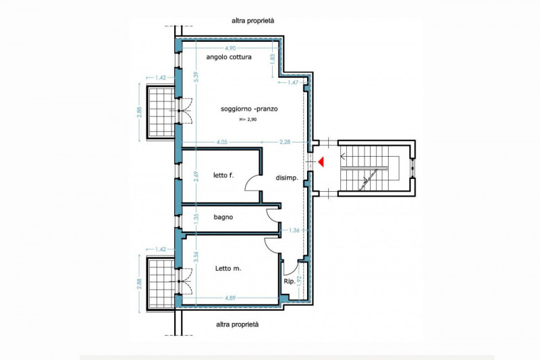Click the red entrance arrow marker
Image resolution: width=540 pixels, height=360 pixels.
(322, 161)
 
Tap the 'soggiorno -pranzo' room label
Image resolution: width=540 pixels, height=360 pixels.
(249, 109)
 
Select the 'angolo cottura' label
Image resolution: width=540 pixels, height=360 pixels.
(229, 57)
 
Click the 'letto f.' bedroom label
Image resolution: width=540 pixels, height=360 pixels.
(223, 176)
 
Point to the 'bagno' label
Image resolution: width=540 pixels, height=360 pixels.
(223, 217)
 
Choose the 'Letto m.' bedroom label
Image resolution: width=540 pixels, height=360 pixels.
(228, 268)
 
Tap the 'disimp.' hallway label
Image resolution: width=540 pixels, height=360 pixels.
(287, 178)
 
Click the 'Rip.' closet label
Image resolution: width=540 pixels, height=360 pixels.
(290, 282)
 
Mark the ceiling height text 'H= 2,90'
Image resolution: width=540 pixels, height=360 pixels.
(248, 120)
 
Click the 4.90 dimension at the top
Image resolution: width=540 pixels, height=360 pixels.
(230, 48)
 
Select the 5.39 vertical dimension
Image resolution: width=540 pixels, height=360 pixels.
(196, 76)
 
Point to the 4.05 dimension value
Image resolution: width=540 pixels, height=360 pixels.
(222, 142)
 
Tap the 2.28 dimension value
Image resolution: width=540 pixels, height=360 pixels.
(285, 142)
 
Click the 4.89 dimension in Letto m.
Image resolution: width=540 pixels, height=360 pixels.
(230, 298)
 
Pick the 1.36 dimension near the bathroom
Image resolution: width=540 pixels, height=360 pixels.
(294, 230)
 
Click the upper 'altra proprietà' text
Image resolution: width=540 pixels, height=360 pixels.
(252, 21)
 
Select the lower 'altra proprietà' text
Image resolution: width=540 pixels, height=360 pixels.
(238, 324)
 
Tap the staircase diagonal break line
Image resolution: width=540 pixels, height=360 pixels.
(366, 179)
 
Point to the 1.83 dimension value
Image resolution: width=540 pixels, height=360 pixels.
(273, 59)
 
